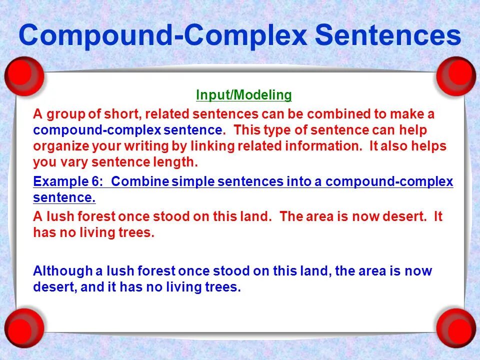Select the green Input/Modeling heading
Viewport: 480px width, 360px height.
243,95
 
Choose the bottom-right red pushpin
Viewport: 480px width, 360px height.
455,327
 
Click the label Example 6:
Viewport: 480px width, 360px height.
69,181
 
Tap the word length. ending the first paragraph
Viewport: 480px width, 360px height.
175,162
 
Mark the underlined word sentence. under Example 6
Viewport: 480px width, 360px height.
64,198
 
